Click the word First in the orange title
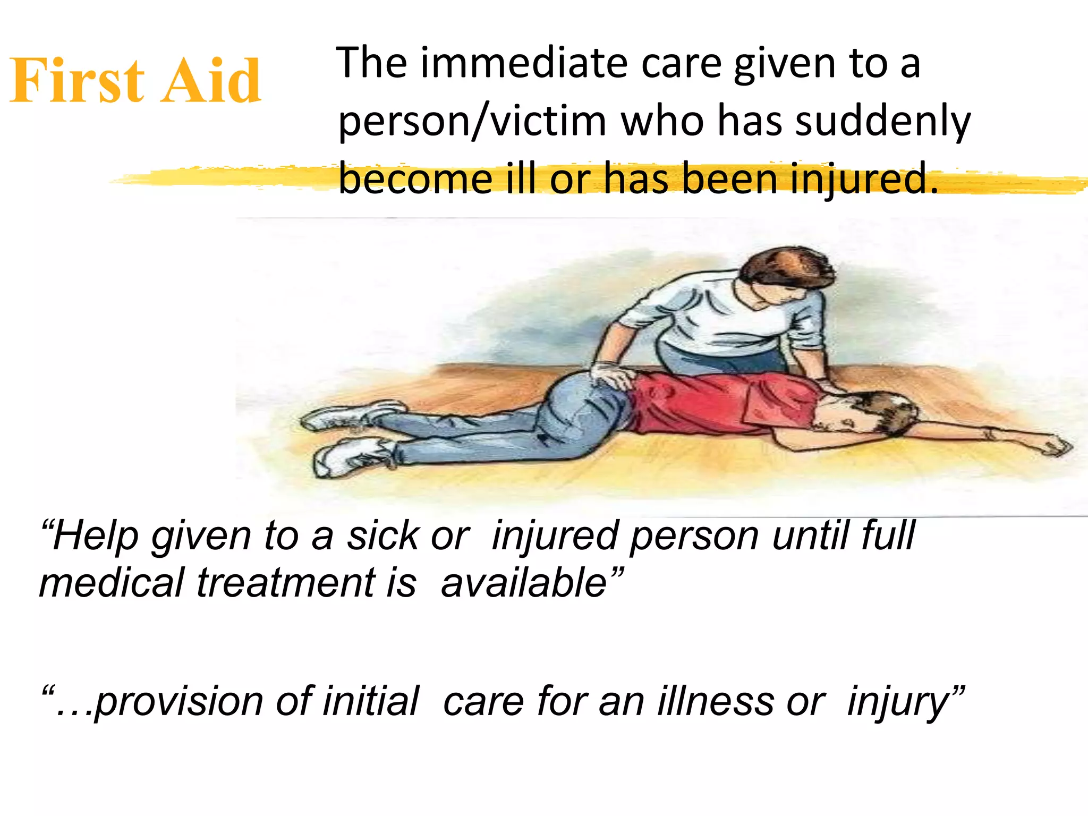coord(77,81)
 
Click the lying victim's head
coord(877,414)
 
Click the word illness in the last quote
coord(715,701)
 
